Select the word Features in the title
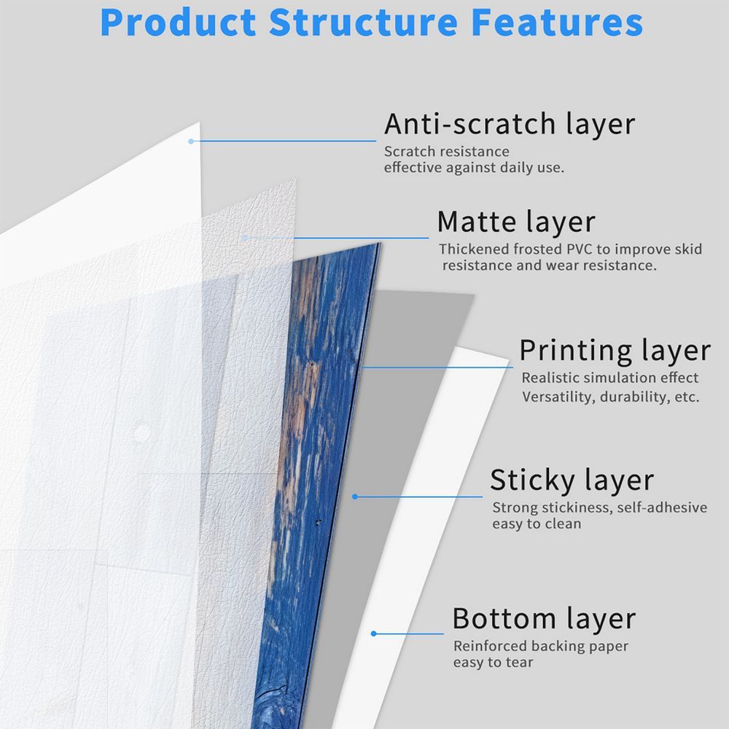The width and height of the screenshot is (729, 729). pos(556,22)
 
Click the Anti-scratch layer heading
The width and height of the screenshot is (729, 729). pos(510,124)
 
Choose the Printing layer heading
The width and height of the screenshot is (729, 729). pos(614,351)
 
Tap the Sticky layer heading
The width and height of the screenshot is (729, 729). pos(572,480)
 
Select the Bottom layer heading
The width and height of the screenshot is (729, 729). pos(544,619)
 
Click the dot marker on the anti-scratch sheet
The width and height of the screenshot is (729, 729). pos(191,141)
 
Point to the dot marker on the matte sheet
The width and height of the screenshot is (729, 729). pos(246,237)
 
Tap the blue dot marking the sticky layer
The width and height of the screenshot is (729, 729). pos(355,496)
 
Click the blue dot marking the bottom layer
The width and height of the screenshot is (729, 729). pos(373,634)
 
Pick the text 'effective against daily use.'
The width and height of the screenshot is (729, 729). pos(474,168)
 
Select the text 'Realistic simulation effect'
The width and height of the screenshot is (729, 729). pos(609,378)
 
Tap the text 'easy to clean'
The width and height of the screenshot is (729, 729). pos(537,523)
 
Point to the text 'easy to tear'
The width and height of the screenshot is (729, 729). pos(493,662)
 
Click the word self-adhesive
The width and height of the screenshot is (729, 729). pos(662,507)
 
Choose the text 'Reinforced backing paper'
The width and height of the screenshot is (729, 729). pos(540,646)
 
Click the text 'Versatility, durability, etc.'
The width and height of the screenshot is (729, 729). pos(610,397)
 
